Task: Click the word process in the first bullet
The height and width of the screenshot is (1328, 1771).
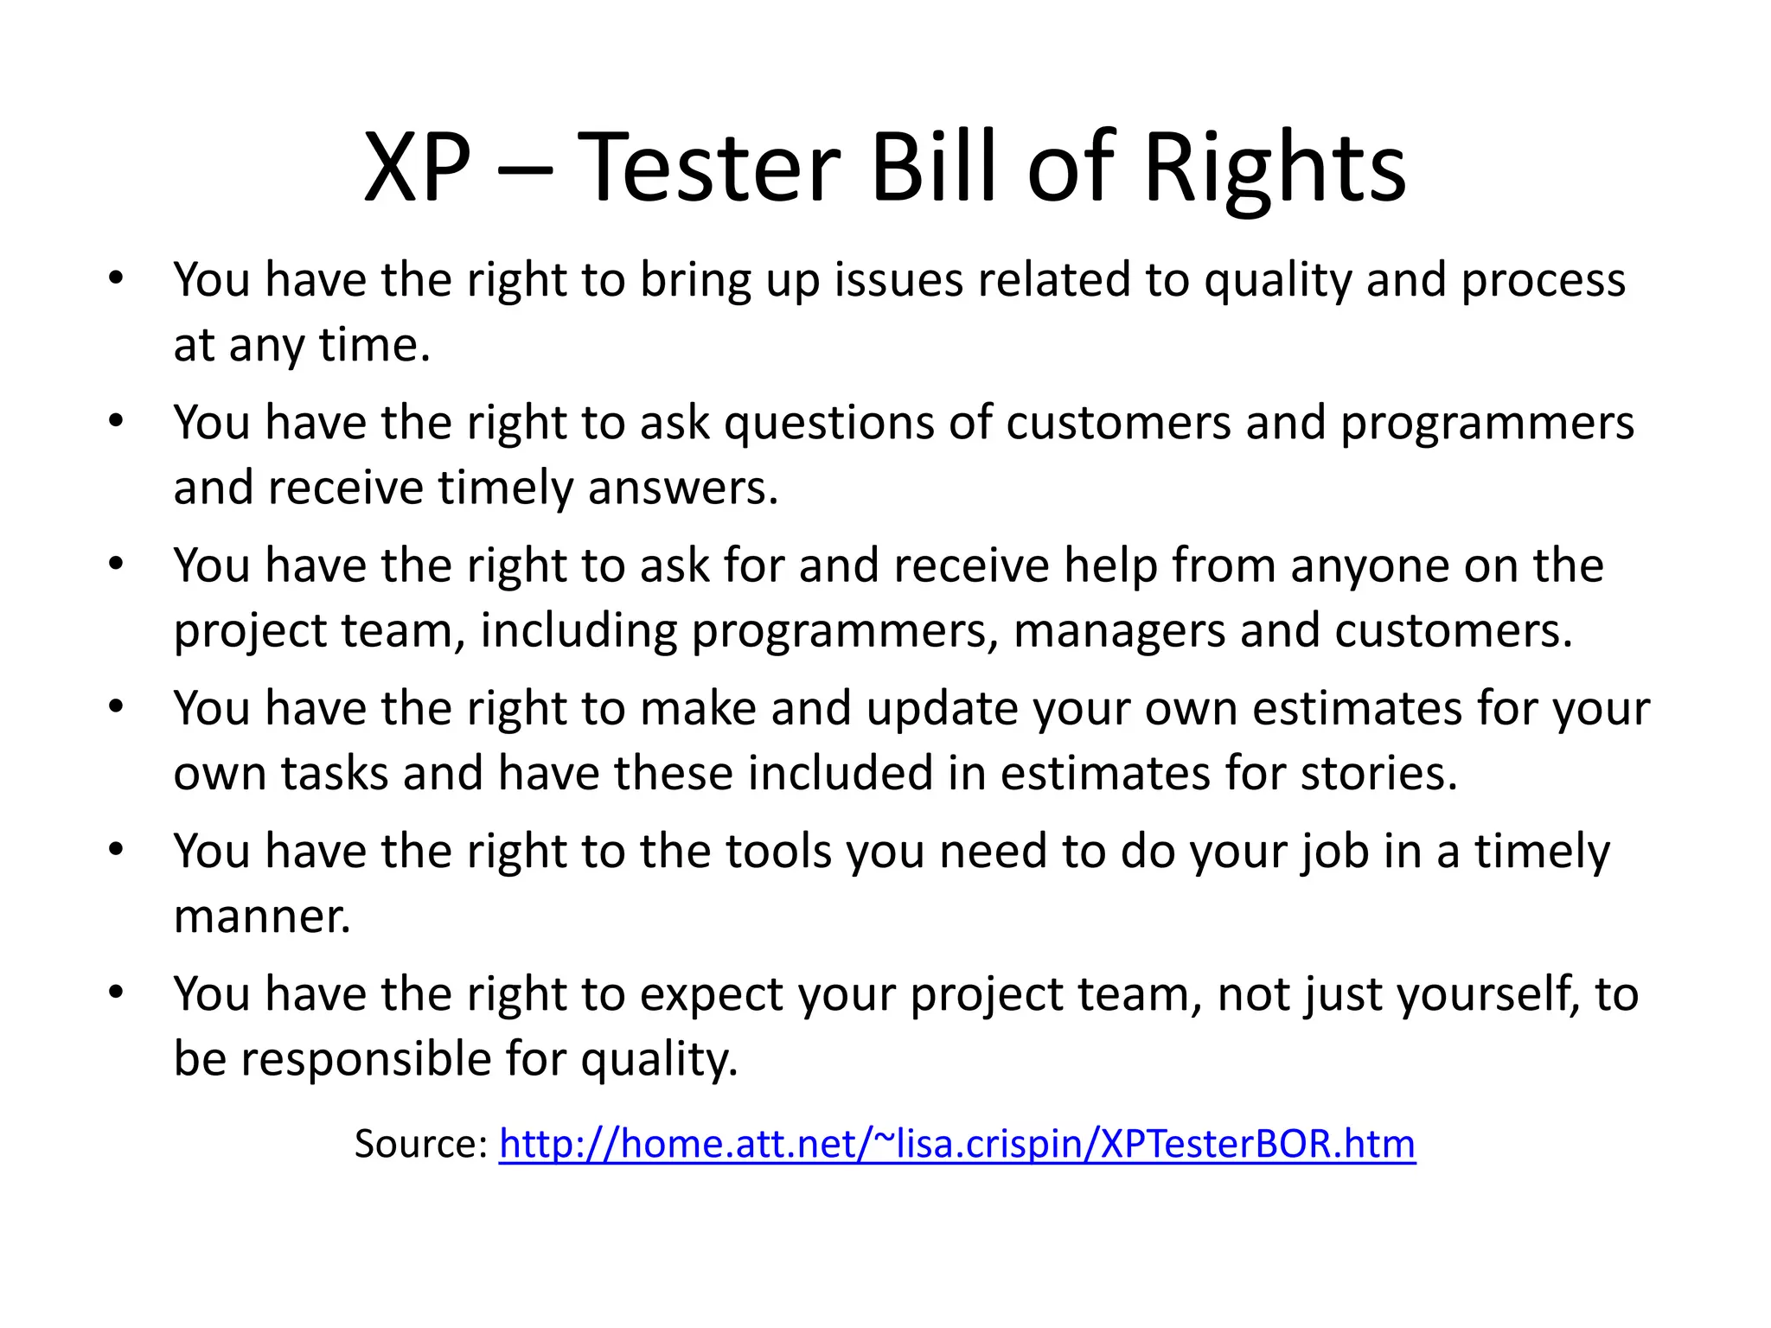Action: [x=1544, y=282]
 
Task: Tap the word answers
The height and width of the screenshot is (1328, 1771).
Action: [x=683, y=488]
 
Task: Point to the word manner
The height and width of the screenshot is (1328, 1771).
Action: [x=262, y=916]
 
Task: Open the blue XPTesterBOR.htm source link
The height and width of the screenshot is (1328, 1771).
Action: [x=956, y=1144]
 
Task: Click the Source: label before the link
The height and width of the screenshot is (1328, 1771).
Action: [x=421, y=1144]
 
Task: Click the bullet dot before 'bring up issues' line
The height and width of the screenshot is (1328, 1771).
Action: [x=117, y=279]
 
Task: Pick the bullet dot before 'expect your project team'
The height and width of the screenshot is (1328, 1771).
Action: [x=117, y=993]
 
